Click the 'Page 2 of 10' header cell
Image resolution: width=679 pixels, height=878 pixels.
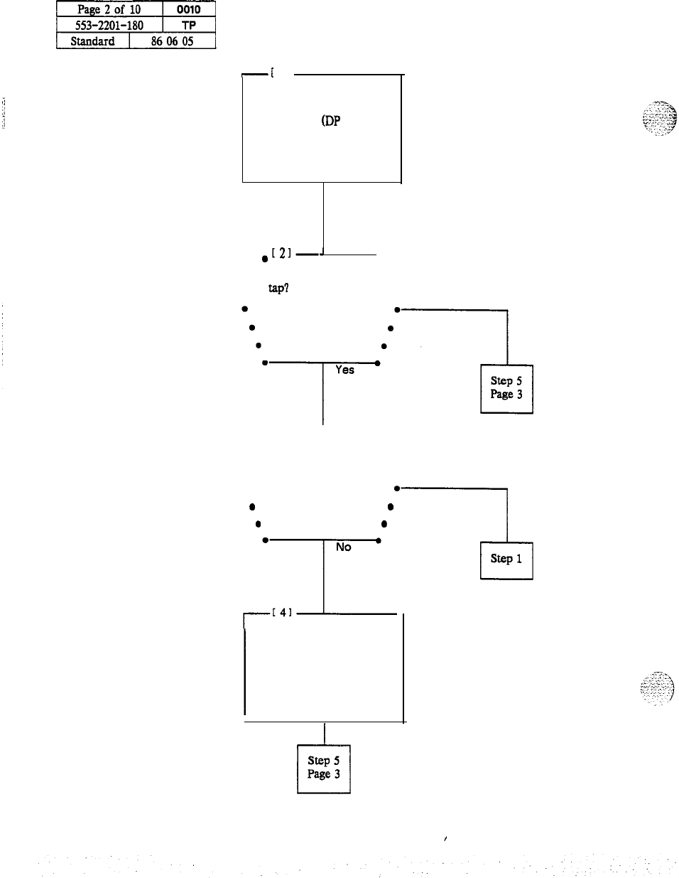(109, 10)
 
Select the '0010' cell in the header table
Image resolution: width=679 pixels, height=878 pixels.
(188, 10)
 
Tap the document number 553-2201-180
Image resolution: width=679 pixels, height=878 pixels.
(109, 26)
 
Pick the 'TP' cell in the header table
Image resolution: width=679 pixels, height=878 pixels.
(188, 26)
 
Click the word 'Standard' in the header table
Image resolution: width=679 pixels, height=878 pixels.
(92, 41)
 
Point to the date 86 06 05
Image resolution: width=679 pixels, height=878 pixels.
(172, 41)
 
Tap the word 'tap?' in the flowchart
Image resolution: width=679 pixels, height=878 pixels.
(278, 289)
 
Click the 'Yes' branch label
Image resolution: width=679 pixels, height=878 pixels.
(344, 370)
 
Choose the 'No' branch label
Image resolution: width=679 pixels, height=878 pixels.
(344, 547)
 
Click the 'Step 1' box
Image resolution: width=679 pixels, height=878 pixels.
(506, 560)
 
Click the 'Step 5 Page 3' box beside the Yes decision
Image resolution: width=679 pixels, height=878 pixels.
(506, 388)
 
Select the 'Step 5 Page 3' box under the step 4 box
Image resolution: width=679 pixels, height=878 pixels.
(324, 768)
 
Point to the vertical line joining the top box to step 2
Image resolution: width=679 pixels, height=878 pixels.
(323, 217)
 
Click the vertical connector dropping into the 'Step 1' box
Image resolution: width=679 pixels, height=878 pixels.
(507, 515)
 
